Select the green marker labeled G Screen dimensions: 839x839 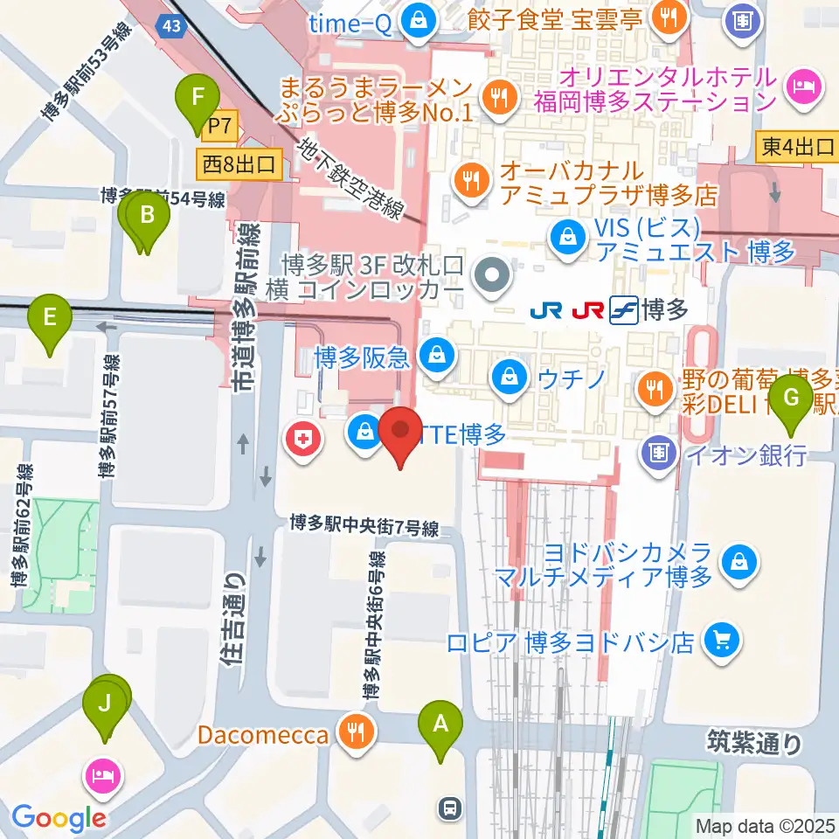(x=792, y=399)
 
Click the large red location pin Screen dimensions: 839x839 (x=401, y=431)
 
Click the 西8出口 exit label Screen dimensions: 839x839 (x=239, y=163)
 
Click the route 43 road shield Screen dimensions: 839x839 (x=172, y=26)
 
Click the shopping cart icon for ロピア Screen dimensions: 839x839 (x=722, y=642)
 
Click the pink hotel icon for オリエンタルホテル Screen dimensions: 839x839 (x=802, y=87)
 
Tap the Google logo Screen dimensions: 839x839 (x=59, y=819)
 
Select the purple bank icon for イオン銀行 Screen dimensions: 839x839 (x=656, y=452)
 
